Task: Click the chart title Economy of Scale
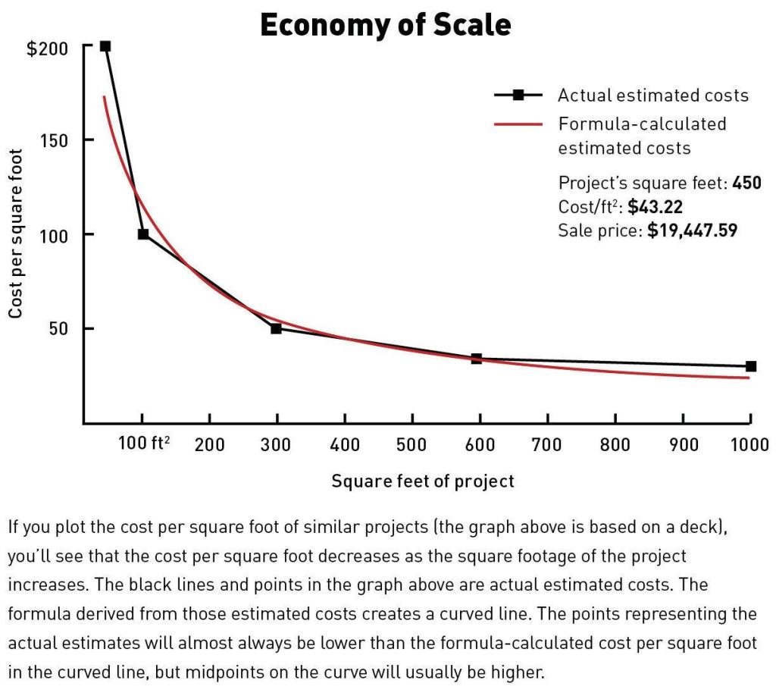point(386,25)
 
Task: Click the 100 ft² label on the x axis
point(144,444)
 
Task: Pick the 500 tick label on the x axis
point(411,445)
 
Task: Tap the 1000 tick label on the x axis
point(749,445)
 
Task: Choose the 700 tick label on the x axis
point(547,445)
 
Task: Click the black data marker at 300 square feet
point(276,328)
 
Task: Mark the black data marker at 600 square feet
point(477,359)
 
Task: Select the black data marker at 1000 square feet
point(750,366)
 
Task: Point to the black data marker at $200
point(105,46)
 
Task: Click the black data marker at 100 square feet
point(143,234)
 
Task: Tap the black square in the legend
point(518,96)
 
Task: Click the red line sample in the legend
point(518,124)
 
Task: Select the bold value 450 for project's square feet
point(746,183)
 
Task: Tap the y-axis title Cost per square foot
point(16,234)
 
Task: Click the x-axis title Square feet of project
point(423,481)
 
